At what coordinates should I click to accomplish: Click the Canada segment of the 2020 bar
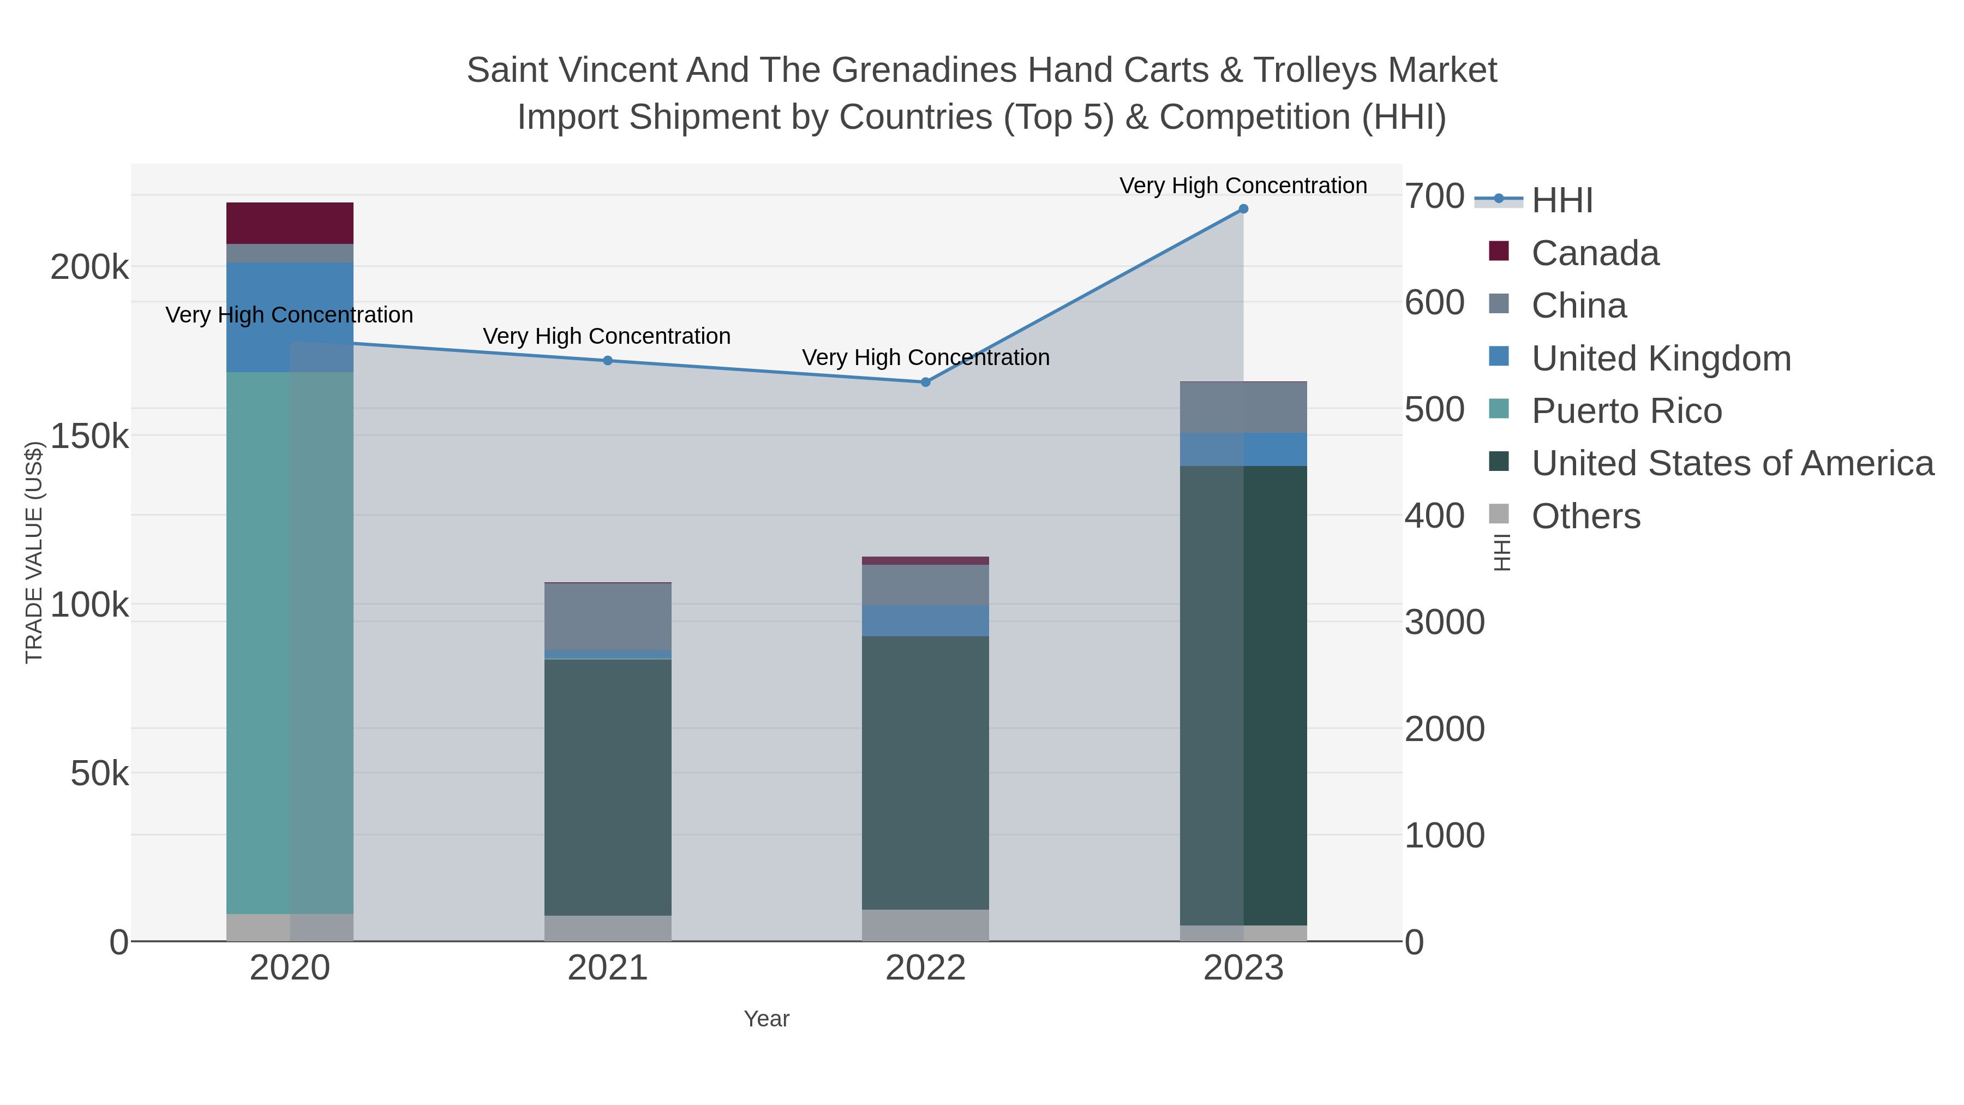pyautogui.click(x=290, y=223)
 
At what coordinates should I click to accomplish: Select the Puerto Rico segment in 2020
pyautogui.click(x=290, y=642)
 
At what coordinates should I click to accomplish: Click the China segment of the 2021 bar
pyautogui.click(x=608, y=616)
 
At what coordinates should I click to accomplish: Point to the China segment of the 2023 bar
pyautogui.click(x=1243, y=407)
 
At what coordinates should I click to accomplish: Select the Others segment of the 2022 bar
pyautogui.click(x=925, y=924)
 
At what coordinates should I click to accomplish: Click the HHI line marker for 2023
pyautogui.click(x=1243, y=209)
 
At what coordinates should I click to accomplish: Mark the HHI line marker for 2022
pyautogui.click(x=925, y=382)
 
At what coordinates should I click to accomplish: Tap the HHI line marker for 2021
pyautogui.click(x=608, y=361)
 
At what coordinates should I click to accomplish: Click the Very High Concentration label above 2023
pyautogui.click(x=1243, y=186)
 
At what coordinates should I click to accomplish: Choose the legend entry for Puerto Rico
pyautogui.click(x=1626, y=411)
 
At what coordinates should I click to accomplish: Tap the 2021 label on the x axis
pyautogui.click(x=608, y=967)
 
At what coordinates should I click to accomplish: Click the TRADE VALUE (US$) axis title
pyautogui.click(x=34, y=552)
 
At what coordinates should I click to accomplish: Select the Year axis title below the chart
pyautogui.click(x=767, y=1019)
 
